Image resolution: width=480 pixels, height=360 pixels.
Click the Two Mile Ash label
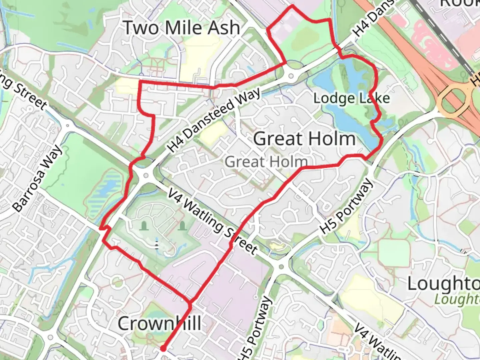point(182,28)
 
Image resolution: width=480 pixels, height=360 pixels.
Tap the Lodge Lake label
point(351,98)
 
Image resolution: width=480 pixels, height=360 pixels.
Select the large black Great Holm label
point(304,139)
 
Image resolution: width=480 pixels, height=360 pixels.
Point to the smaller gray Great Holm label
point(266,162)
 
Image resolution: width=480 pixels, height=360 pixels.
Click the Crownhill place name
point(159,323)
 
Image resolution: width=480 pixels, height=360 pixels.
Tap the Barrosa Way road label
point(38,178)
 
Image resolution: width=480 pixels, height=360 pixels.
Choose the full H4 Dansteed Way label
point(214,120)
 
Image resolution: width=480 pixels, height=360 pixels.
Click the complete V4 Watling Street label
point(212,222)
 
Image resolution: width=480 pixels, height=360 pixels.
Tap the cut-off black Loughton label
point(443,284)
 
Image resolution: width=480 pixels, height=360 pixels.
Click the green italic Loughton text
point(457,299)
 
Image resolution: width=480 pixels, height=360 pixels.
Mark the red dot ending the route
point(163,349)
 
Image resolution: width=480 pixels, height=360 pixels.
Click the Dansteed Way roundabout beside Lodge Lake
point(291,76)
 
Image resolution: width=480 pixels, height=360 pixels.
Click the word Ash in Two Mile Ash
point(224,28)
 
